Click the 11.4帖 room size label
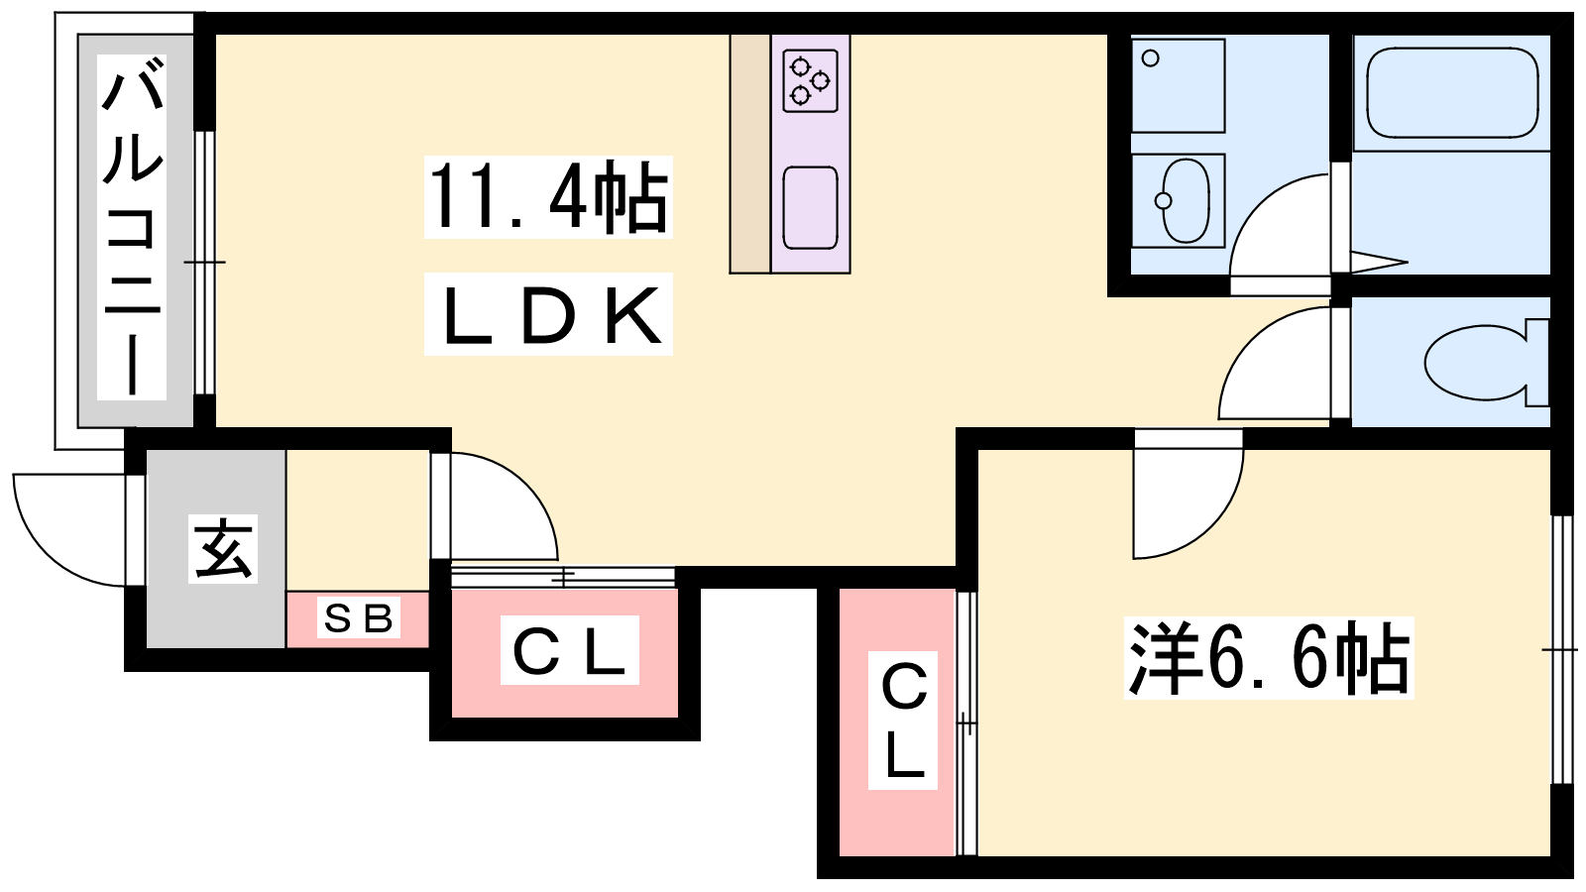click(x=548, y=197)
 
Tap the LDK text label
click(x=548, y=315)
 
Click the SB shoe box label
click(x=359, y=618)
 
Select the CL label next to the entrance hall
click(x=569, y=650)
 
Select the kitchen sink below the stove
click(x=810, y=207)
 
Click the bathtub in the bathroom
click(x=1452, y=93)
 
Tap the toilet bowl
click(x=1477, y=363)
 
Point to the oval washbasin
click(x=1184, y=200)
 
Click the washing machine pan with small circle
click(x=1179, y=85)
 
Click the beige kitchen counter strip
click(x=750, y=154)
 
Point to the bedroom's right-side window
click(x=1561, y=649)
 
